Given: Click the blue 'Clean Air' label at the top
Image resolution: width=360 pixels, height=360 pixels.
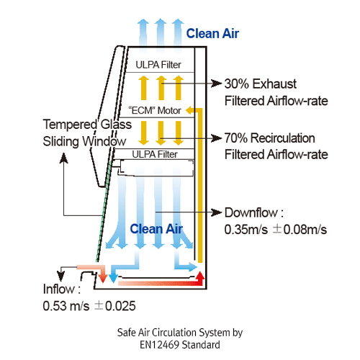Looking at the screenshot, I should [212, 33].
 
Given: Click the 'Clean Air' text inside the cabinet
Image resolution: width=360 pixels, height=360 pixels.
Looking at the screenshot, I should [156, 229].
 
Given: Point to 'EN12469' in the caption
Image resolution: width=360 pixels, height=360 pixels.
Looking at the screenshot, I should [154, 345].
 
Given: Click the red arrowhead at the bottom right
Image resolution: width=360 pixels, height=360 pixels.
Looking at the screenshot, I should [200, 276].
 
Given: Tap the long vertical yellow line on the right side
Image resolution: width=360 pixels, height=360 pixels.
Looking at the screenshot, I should [201, 187].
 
